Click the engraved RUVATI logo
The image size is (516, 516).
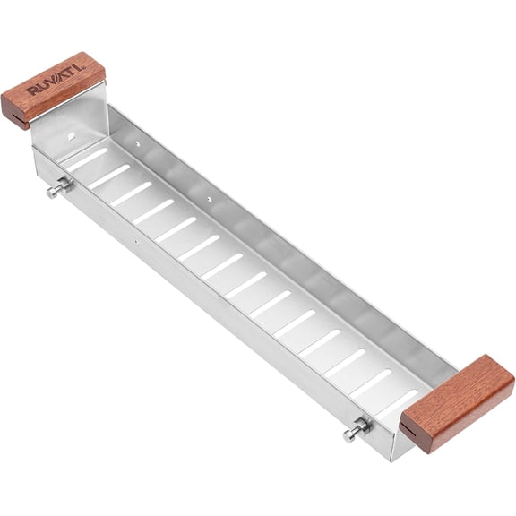tap(56, 82)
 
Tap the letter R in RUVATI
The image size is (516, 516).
tap(32, 91)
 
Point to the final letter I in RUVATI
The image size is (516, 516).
tap(80, 68)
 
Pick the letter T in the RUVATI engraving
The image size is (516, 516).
tap(73, 72)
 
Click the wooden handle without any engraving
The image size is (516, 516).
tap(457, 403)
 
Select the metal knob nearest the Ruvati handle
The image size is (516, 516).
tap(60, 187)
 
